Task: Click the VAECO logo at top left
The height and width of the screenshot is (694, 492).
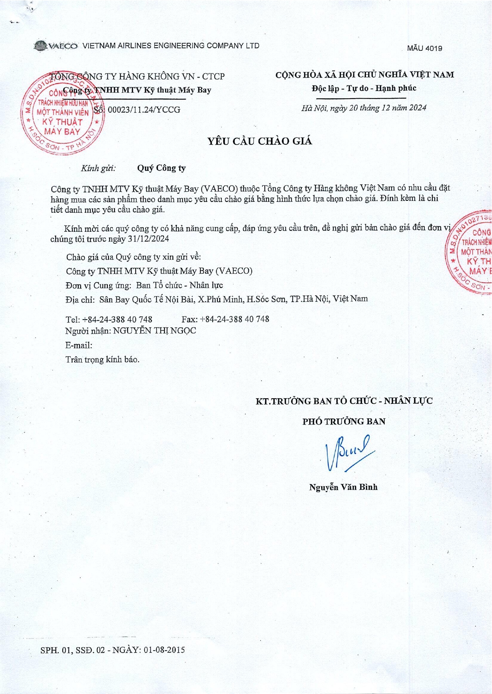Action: [56, 46]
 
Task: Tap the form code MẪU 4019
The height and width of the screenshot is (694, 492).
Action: [424, 48]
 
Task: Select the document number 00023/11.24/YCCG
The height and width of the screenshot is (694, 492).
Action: [144, 110]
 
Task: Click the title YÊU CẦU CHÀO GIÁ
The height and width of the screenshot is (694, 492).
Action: [260, 141]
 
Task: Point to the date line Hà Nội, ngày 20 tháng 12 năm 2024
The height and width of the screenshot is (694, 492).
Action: [364, 108]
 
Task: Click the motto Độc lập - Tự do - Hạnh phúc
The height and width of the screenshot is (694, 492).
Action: [364, 88]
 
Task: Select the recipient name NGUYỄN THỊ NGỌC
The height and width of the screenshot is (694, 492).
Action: [155, 331]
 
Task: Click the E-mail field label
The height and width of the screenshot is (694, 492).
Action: [79, 345]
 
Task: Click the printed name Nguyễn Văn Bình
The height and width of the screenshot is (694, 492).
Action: [343, 487]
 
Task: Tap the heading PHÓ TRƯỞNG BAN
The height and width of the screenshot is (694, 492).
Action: [344, 421]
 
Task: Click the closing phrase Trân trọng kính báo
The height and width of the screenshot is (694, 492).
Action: [102, 360]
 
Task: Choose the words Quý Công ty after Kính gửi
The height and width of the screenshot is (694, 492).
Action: [161, 168]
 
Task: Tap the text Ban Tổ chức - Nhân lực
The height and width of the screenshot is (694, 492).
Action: [179, 285]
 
